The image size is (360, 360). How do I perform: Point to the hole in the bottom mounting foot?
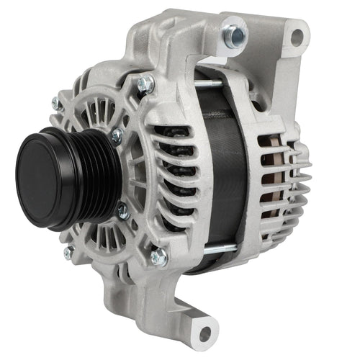click(206, 333)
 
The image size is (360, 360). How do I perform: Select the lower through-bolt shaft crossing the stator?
click(220, 248)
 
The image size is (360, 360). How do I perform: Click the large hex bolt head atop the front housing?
click(145, 84)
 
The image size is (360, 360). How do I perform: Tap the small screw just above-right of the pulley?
click(117, 135)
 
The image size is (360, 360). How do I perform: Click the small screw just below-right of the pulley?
click(122, 211)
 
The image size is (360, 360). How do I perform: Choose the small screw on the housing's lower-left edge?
click(68, 252)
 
